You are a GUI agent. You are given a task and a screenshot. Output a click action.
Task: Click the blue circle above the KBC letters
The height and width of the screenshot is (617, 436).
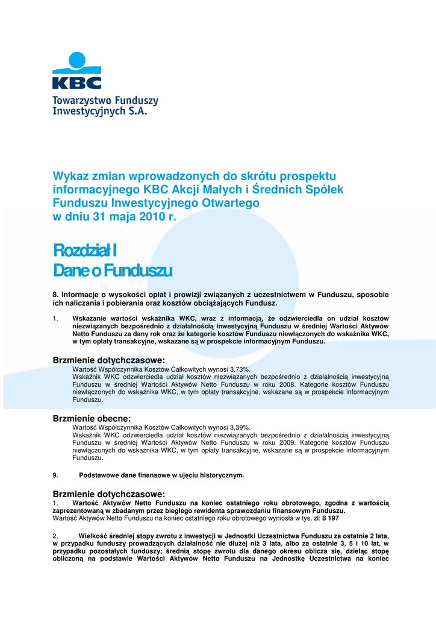(x=76, y=60)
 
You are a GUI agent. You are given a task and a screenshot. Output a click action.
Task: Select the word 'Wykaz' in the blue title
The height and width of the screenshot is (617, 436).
(x=69, y=176)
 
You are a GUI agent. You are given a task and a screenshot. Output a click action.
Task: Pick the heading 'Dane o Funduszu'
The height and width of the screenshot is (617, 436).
(x=113, y=271)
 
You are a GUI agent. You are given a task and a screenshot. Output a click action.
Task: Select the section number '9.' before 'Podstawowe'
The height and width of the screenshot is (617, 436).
(x=56, y=475)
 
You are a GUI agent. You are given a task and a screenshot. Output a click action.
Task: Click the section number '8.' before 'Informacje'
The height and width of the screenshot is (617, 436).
(x=56, y=294)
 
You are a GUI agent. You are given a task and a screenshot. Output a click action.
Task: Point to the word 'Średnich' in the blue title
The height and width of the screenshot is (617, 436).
(x=274, y=189)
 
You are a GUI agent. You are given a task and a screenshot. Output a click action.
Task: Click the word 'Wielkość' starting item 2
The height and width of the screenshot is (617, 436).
(x=95, y=535)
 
